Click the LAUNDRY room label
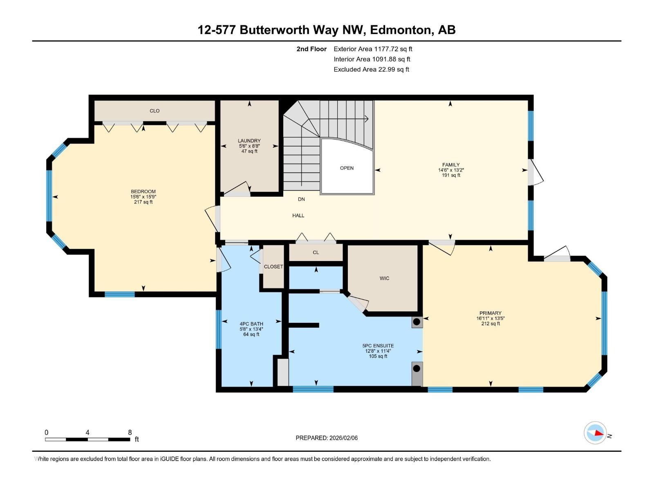pyautogui.click(x=249, y=141)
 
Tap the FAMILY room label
pyautogui.click(x=451, y=165)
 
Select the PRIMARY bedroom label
pyautogui.click(x=490, y=313)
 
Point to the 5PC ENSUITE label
pyautogui.click(x=378, y=346)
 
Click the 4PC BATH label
pyautogui.click(x=251, y=324)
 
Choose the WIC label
pyautogui.click(x=384, y=278)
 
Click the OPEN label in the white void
pyautogui.click(x=347, y=168)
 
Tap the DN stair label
pyautogui.click(x=301, y=199)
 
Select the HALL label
pyautogui.click(x=298, y=216)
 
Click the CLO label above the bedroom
pyautogui.click(x=155, y=111)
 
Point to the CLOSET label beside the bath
pyautogui.click(x=273, y=267)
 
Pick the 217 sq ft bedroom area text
pyautogui.click(x=143, y=202)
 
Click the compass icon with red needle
pyautogui.click(x=595, y=433)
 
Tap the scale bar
pyautogui.click(x=87, y=439)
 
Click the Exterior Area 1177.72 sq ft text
pyautogui.click(x=373, y=49)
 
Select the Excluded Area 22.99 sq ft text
pyautogui.click(x=371, y=70)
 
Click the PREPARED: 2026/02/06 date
pyautogui.click(x=327, y=438)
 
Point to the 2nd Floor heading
pyautogui.click(x=311, y=49)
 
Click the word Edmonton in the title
pyautogui.click(x=402, y=30)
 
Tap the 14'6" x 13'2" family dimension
pyautogui.click(x=451, y=170)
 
